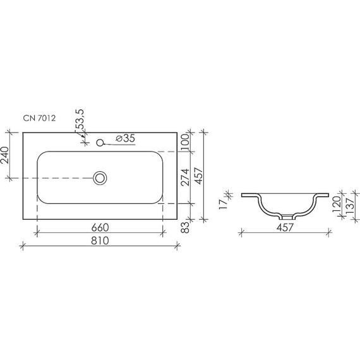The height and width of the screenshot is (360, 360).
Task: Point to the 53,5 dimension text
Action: (x=81, y=121)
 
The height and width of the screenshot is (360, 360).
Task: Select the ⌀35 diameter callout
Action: (x=125, y=138)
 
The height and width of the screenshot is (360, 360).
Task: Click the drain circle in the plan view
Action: (x=100, y=178)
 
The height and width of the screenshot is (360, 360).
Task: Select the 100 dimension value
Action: (x=185, y=141)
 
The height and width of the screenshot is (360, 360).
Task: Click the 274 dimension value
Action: (x=185, y=177)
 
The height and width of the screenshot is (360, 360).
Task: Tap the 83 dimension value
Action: (x=185, y=229)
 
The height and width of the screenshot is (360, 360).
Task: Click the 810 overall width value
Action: (x=100, y=241)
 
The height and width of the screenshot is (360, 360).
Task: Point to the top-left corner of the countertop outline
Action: (x=23, y=133)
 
